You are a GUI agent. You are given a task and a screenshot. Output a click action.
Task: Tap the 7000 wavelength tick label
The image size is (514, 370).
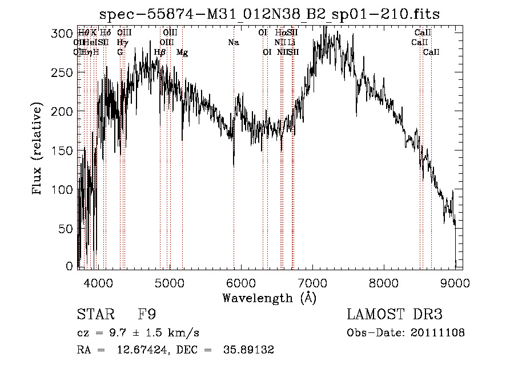click(x=312, y=282)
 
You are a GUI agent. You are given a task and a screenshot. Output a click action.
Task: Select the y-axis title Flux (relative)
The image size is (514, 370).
click(x=38, y=150)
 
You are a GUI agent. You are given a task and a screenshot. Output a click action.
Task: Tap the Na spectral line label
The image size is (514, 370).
click(x=233, y=43)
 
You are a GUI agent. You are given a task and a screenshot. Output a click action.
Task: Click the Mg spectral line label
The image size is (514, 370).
click(x=182, y=52)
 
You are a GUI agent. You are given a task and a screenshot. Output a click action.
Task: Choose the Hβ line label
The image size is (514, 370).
click(x=160, y=52)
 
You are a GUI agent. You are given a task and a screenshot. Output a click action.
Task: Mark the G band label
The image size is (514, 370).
click(x=120, y=52)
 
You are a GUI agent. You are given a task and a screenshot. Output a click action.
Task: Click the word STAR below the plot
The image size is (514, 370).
click(x=94, y=315)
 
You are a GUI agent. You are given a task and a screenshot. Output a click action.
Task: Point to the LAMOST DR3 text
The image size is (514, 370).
click(x=395, y=315)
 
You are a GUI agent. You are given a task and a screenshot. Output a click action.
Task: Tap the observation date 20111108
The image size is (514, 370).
click(x=437, y=332)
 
